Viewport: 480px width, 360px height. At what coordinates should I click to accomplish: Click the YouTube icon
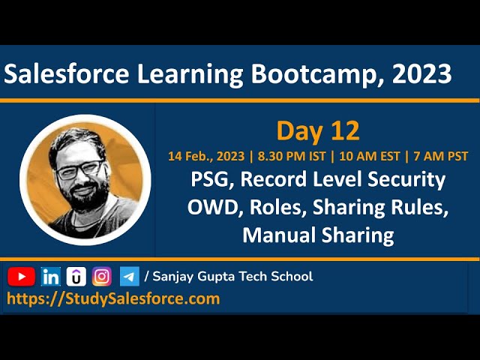coord(22,276)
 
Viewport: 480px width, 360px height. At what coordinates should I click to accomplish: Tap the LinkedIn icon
coord(50,276)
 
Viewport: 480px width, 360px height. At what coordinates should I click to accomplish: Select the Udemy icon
coord(76,276)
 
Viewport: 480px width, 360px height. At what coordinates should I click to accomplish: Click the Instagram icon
coord(101,276)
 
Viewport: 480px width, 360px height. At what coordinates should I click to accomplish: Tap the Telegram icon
coord(129,276)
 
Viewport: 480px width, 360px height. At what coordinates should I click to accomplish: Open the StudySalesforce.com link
coord(113,298)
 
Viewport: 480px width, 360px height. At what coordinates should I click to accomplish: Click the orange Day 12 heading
coord(318,130)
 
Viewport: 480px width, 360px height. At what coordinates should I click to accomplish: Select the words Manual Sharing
coord(318,235)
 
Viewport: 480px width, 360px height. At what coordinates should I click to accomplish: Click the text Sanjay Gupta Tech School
coord(232,276)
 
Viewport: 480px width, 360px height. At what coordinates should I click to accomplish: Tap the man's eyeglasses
coord(78,168)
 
